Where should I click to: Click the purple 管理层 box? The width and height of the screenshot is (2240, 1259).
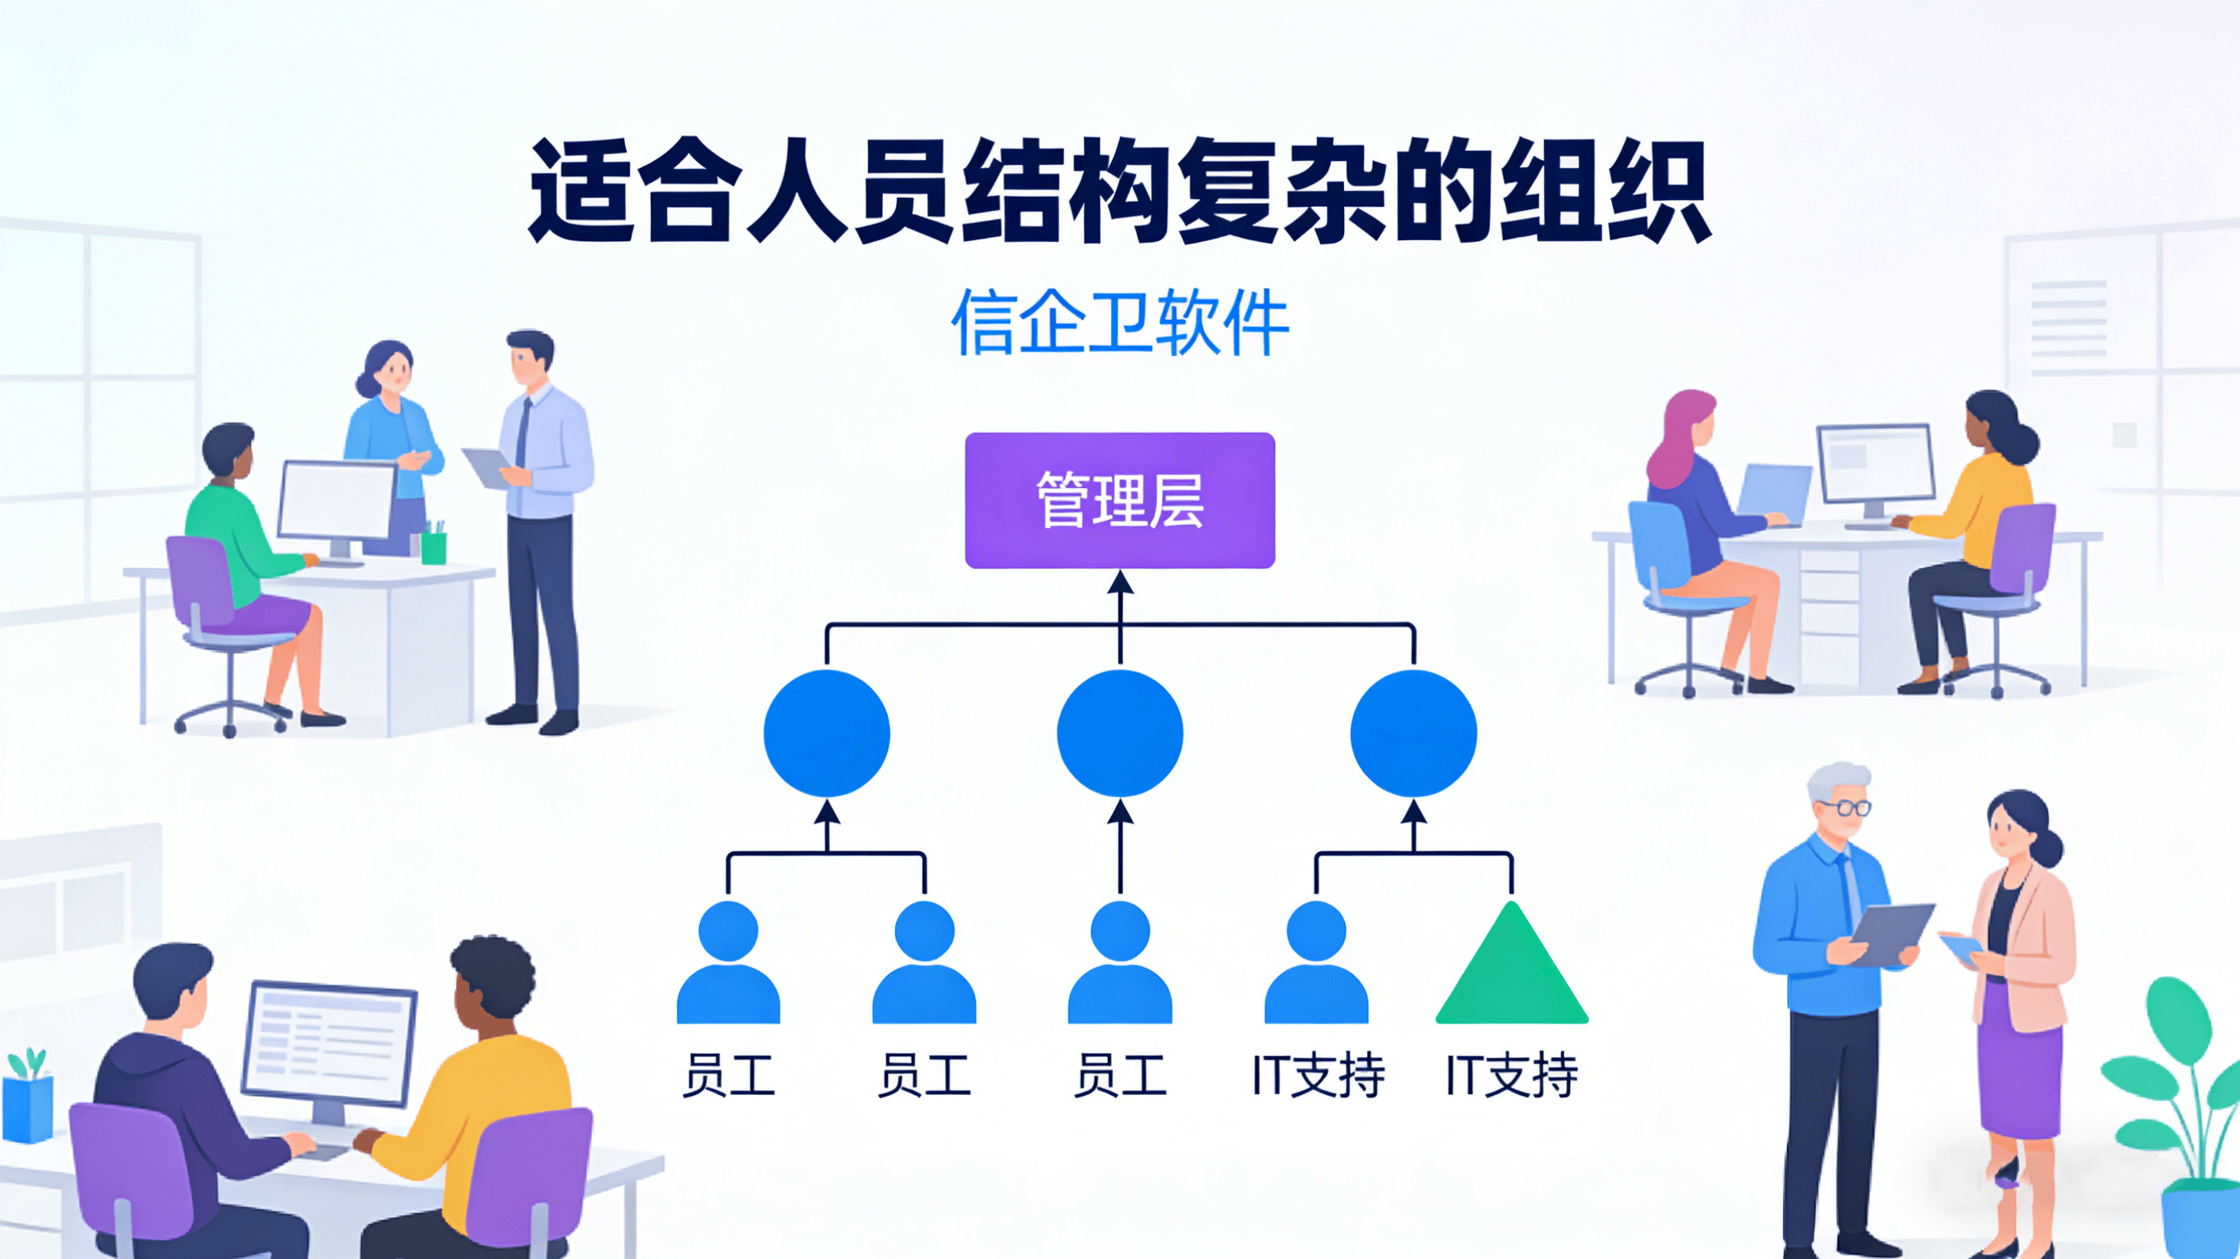tap(1120, 500)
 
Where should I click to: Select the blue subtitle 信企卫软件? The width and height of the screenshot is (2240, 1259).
tap(1120, 323)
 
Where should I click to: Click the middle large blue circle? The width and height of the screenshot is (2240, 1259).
tap(1120, 733)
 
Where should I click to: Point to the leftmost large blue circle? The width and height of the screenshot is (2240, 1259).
tap(826, 733)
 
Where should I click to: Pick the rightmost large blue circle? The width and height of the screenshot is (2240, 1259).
tap(1413, 733)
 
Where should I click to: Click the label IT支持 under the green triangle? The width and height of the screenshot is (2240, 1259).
tap(1511, 1075)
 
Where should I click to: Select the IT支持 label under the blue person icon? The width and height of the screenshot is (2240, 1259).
tap(1318, 1075)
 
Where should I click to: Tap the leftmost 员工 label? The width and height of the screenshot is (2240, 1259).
tap(729, 1075)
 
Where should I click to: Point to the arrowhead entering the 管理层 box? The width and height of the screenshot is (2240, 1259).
tap(1120, 582)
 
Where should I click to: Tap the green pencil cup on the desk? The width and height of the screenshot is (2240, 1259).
tap(433, 547)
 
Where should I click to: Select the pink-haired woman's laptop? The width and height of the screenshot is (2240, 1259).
tap(1774, 491)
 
